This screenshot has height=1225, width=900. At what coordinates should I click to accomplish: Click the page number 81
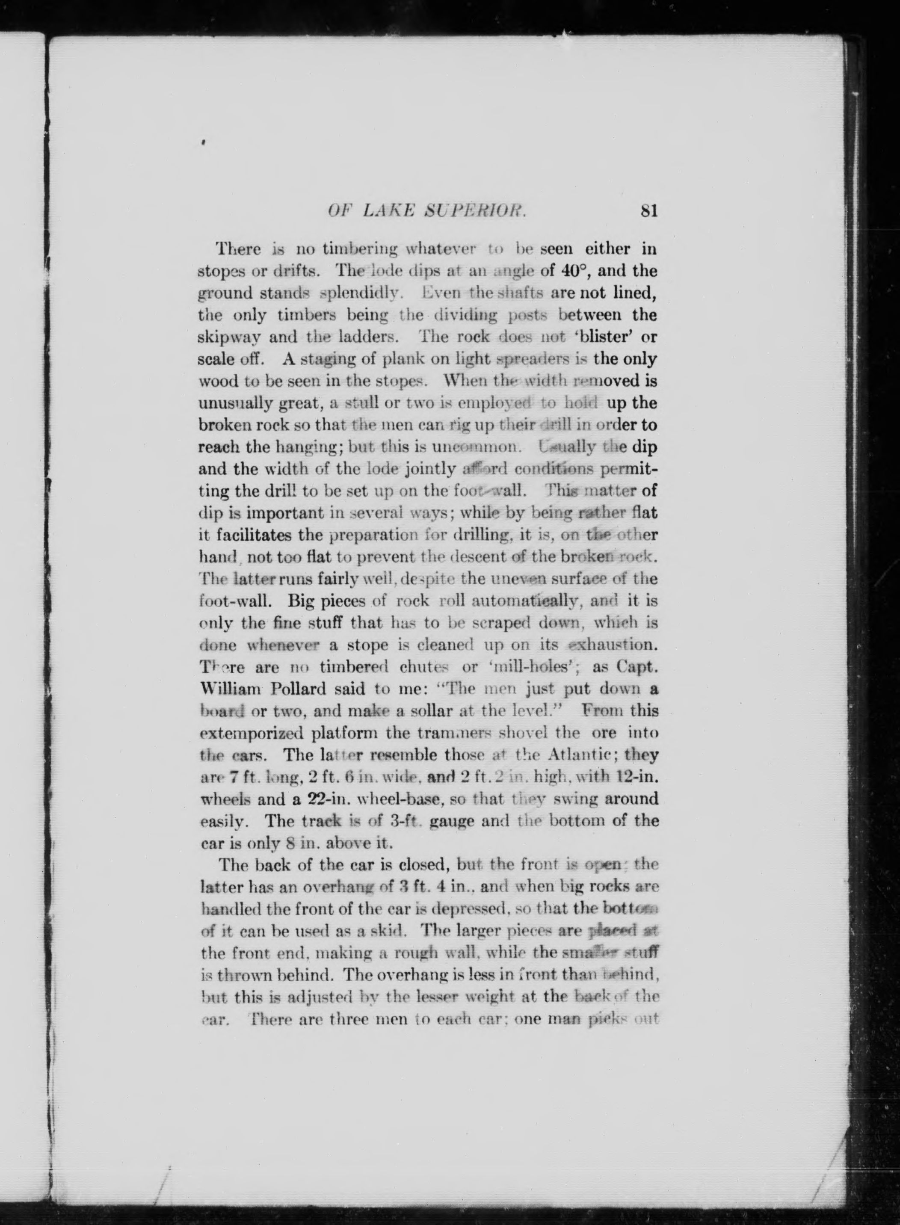[x=649, y=210]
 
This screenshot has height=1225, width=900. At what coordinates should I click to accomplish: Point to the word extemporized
[x=251, y=733]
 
